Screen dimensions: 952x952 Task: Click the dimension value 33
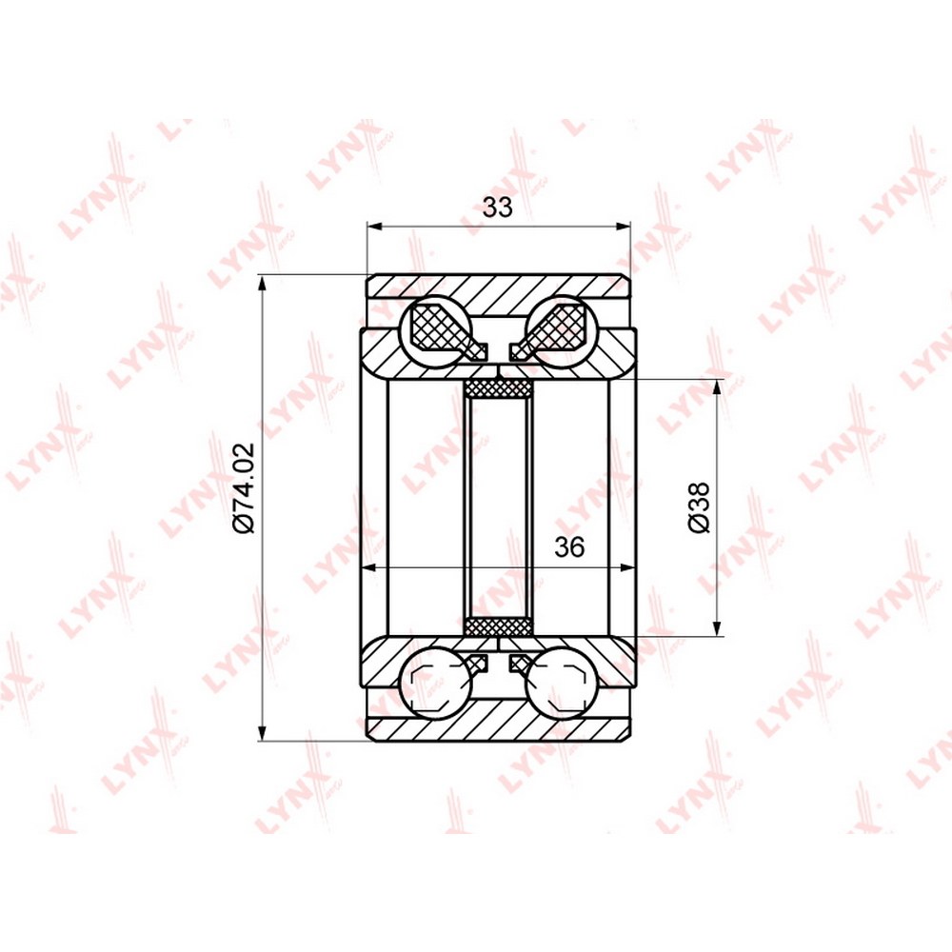coord(497,207)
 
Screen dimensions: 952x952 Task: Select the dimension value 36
coord(569,546)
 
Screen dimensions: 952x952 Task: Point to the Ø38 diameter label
coord(699,507)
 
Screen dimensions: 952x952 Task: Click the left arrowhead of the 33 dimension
coord(374,228)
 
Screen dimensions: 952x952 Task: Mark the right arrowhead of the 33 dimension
coord(623,228)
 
